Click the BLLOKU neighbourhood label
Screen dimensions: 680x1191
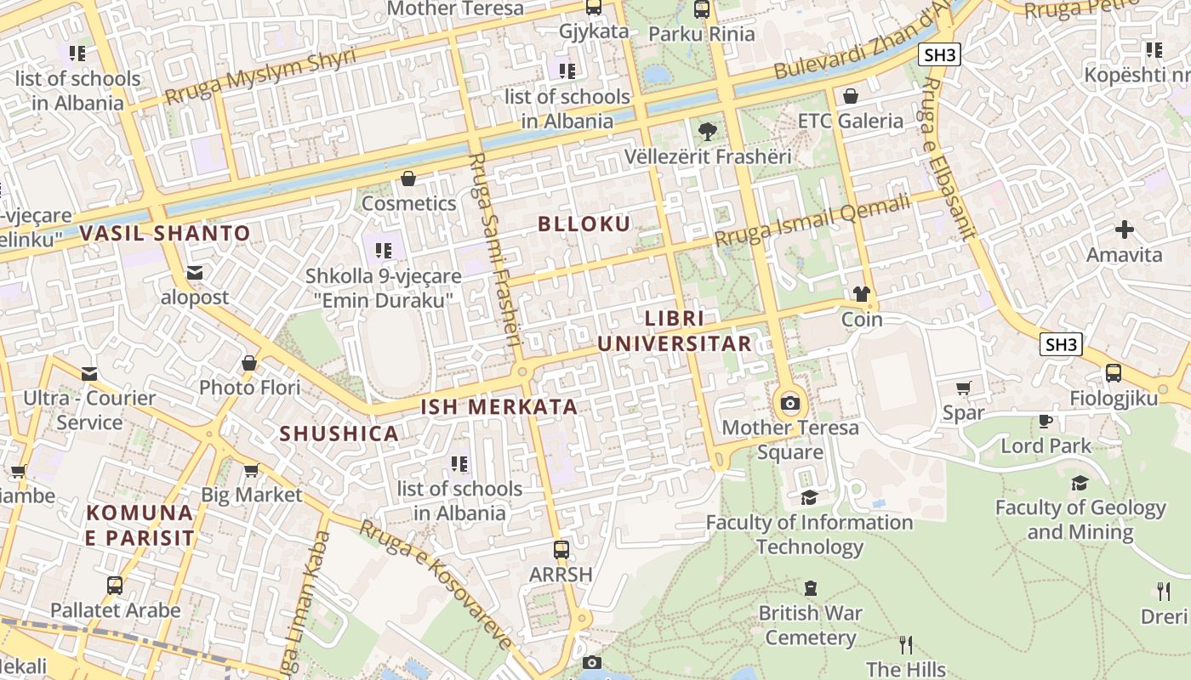[x=584, y=224]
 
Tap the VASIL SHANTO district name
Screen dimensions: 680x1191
[x=165, y=233]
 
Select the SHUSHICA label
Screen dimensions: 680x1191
[x=339, y=433]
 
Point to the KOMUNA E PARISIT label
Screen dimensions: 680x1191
[x=140, y=525]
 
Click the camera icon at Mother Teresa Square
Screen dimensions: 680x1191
[x=790, y=403]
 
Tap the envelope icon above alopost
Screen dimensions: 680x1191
[x=195, y=273]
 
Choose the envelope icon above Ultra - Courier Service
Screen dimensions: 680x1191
[x=89, y=374]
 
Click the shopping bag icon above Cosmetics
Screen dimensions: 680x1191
[x=408, y=178]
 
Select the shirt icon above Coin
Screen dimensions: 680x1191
[x=862, y=294]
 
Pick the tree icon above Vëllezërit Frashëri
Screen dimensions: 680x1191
[x=707, y=132]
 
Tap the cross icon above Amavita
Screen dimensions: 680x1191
[x=1125, y=229]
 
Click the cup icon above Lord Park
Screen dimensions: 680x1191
[x=1046, y=421]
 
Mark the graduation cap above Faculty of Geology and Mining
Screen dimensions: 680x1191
[x=1080, y=484]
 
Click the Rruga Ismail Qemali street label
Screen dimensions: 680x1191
[x=812, y=221]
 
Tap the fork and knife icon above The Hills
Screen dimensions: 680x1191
[x=906, y=645]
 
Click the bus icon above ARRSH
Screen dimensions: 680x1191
[x=561, y=549]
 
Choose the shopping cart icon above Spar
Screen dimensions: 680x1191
[x=963, y=388]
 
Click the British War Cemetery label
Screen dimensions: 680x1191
[x=811, y=625]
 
